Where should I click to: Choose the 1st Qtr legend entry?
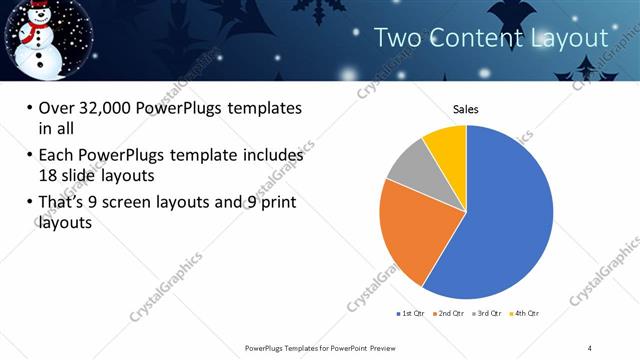point(411,314)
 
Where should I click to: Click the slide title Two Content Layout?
point(490,38)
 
